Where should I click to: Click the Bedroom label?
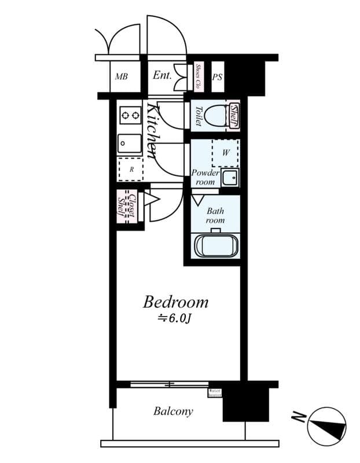pyautogui.click(x=175, y=302)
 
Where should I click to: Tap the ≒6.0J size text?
pyautogui.click(x=175, y=318)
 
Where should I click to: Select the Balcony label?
pyautogui.click(x=173, y=412)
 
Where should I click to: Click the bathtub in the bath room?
pyautogui.click(x=215, y=246)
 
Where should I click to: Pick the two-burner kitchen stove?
pyautogui.click(x=130, y=116)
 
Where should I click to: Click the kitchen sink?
pyautogui.click(x=129, y=143)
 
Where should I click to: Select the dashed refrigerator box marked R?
pyautogui.click(x=130, y=169)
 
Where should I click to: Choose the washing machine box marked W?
pyautogui.click(x=225, y=152)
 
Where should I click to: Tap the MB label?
pyautogui.click(x=121, y=76)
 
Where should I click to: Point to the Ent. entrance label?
pyautogui.click(x=162, y=75)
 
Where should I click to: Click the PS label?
pyautogui.click(x=217, y=77)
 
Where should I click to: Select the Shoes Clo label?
pyautogui.click(x=198, y=75)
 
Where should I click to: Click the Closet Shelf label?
pyautogui.click(x=127, y=205)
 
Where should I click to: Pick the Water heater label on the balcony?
pyautogui.click(x=215, y=392)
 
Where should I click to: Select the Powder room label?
pyautogui.click(x=205, y=177)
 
